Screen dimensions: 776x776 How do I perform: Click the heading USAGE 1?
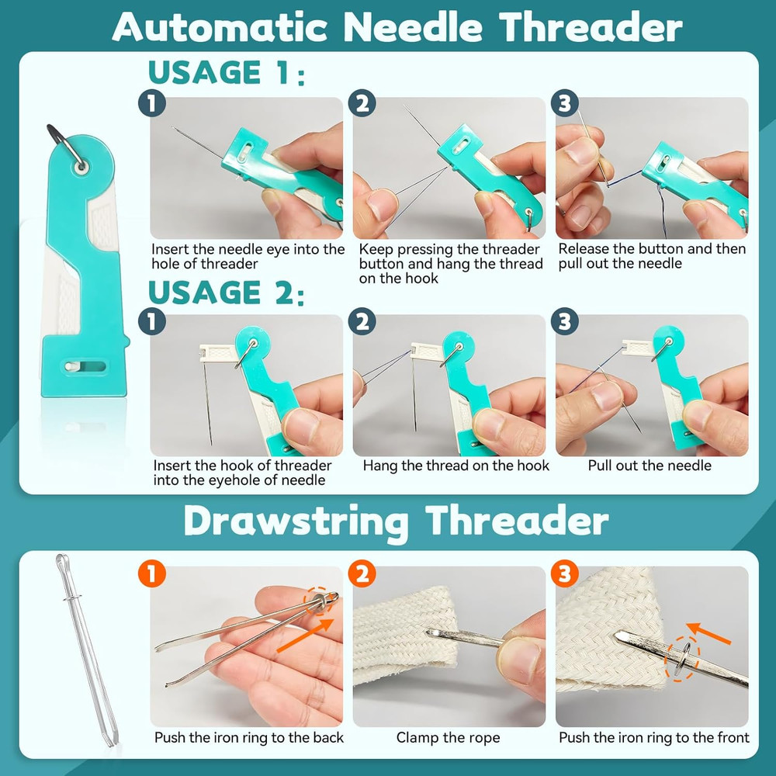coord(225,73)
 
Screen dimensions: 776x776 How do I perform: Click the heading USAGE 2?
coord(225,293)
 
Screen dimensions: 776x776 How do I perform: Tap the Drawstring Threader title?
coord(396,521)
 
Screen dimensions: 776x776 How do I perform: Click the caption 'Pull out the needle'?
coord(650,466)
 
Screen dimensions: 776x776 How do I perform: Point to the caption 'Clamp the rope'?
coord(448,737)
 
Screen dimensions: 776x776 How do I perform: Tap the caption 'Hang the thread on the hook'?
coord(456,466)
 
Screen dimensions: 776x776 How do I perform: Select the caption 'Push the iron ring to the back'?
coord(248,737)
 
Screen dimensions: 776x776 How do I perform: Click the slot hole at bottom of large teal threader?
coord(83,365)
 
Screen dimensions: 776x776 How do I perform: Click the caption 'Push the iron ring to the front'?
coord(653,737)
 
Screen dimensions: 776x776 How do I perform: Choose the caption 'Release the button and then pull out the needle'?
coord(652,256)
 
